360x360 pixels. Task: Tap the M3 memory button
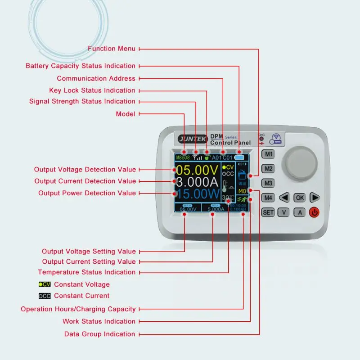pos(269,183)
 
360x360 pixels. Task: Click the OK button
pos(299,198)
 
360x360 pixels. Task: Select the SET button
pos(268,212)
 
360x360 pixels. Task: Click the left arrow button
pos(284,198)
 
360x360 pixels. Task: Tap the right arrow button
pos(315,198)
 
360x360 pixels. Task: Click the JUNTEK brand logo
pos(193,139)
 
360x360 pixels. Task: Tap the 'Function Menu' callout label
pos(111,49)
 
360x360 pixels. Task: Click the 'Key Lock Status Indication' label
pos(92,90)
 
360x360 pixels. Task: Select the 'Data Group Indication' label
pos(99,334)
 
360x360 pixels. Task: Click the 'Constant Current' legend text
pos(81,296)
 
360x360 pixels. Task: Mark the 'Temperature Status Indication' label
pos(86,272)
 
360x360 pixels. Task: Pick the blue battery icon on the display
pos(239,158)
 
